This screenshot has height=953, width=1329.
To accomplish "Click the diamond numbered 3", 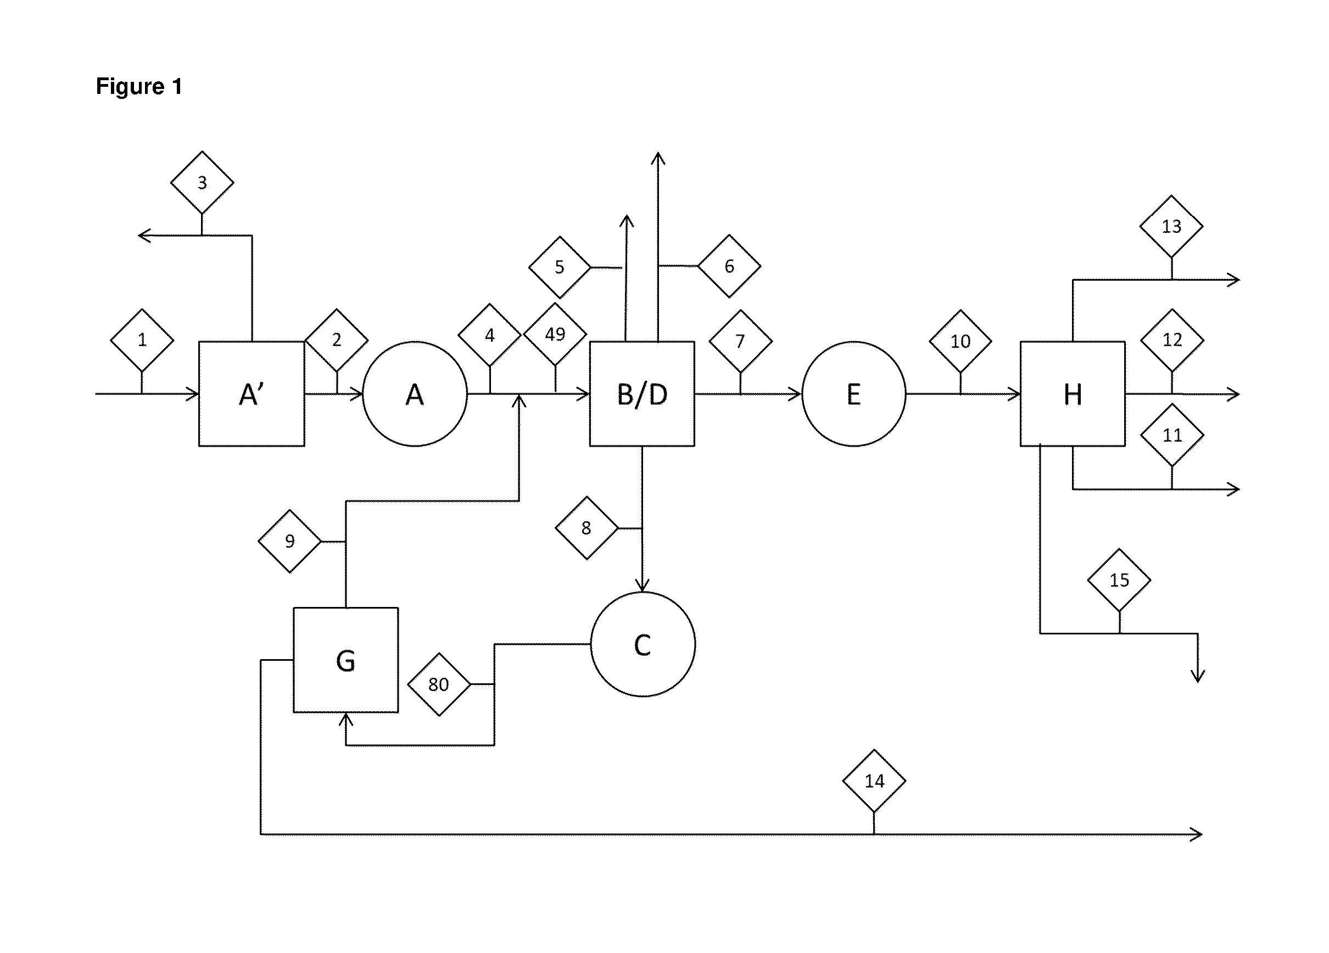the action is [202, 182].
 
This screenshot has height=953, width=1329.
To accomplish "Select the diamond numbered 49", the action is [555, 334].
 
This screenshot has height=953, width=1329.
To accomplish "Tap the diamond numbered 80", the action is [439, 684].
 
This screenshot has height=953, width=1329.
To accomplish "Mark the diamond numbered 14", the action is [874, 781].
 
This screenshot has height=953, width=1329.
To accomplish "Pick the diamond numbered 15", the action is [1119, 580].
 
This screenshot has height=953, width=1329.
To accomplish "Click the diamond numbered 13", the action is [1171, 226].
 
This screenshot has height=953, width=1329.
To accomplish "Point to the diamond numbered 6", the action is [729, 266].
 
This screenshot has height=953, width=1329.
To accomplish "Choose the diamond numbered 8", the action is [587, 528].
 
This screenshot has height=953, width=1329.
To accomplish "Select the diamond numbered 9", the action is [289, 541].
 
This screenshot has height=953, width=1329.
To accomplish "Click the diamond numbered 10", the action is [961, 341].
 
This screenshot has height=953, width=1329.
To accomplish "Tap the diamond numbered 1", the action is [142, 340].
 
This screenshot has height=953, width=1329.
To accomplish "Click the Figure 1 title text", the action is [139, 86].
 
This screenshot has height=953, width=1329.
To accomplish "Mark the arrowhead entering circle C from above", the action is [642, 584].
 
